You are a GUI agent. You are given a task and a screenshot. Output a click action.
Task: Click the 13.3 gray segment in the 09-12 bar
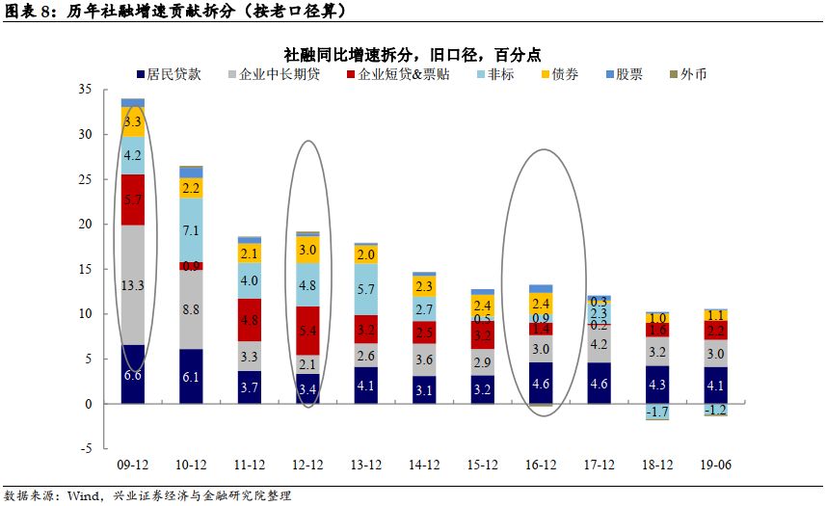click(133, 284)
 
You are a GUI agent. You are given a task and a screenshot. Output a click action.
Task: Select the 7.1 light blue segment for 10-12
click(191, 230)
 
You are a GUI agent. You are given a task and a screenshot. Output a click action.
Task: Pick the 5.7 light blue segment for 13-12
click(365, 289)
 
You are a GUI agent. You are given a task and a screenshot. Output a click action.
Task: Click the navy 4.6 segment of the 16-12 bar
click(540, 383)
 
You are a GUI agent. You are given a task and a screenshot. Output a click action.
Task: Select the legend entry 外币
click(693, 74)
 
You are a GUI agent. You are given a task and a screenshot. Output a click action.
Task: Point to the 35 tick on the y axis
click(84, 90)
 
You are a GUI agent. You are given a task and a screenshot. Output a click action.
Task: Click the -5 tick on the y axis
click(86, 448)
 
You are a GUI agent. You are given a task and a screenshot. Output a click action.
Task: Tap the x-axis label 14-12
click(423, 466)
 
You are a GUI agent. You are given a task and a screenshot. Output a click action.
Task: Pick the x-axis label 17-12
click(598, 466)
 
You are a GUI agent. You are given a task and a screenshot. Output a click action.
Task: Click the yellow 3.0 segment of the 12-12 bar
click(307, 250)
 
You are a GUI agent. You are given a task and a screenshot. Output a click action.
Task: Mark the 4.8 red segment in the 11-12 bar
click(249, 320)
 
